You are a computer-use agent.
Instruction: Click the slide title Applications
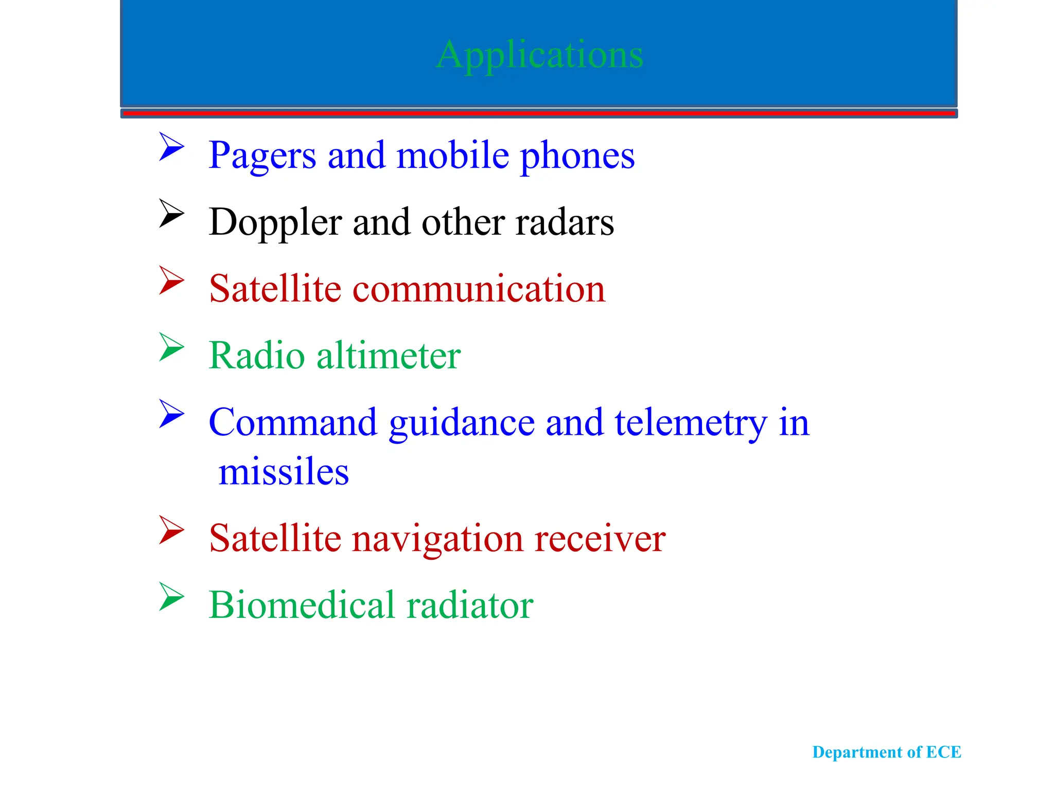539,55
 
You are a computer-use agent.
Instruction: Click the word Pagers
262,156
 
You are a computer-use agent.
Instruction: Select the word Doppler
275,222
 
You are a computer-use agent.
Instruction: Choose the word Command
293,422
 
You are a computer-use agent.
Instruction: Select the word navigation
437,539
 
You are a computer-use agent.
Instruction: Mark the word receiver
600,539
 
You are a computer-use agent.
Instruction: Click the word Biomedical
301,605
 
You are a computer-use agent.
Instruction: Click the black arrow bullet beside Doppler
171,213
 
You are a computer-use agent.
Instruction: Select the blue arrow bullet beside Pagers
171,147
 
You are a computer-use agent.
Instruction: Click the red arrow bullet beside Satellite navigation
171,530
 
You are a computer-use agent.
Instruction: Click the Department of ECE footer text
886,752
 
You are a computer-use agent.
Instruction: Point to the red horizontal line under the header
539,113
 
